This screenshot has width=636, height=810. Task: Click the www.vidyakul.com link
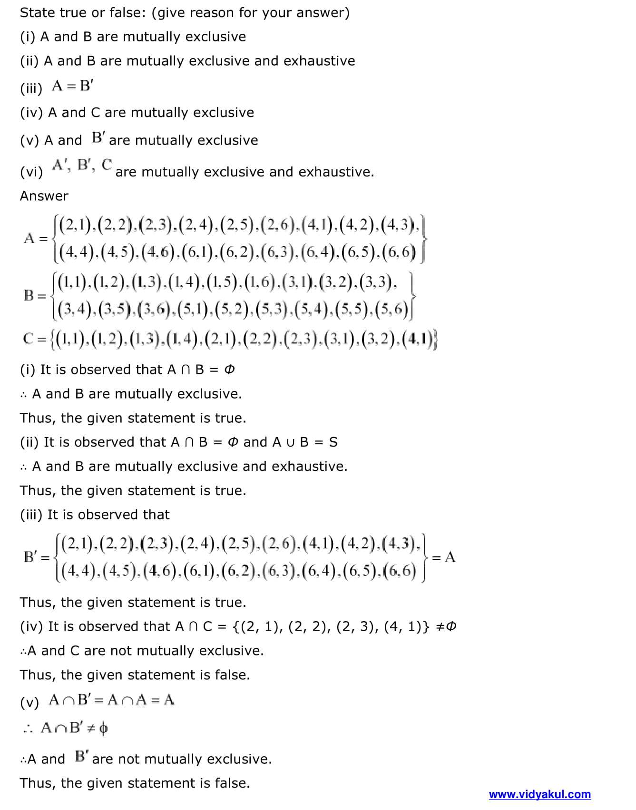pos(539,794)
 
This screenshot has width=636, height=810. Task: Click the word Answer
pos(44,196)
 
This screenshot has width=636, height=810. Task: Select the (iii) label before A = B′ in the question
pos(31,88)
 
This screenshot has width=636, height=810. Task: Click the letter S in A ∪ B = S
pos(333,442)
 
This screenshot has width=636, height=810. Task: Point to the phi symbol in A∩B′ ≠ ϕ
pos(104,728)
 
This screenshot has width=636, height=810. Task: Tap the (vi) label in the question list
pos(31,172)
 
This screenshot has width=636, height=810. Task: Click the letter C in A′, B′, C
pos(107,165)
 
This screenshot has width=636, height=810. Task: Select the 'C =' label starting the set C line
pos(35,339)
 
